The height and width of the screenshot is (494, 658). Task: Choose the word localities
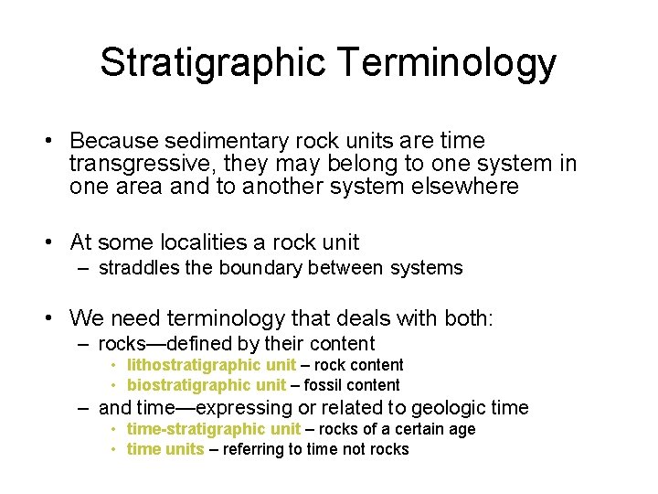205,242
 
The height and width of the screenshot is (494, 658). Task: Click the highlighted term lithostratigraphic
193,365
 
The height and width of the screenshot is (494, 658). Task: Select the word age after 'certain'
461,429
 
